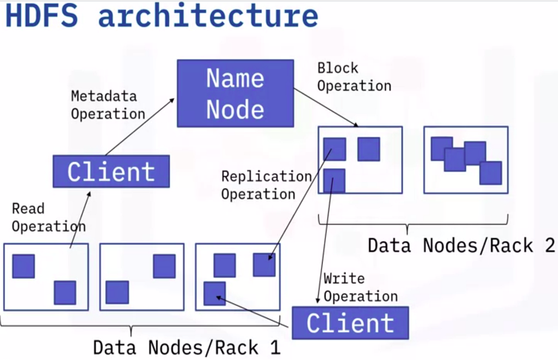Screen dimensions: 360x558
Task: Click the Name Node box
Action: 235,93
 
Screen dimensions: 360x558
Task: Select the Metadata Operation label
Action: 107,105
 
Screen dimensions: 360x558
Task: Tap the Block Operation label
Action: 353,77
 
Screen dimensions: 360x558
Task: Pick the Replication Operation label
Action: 266,185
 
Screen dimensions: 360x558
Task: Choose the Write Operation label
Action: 360,287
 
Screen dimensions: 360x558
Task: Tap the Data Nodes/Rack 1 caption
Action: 186,347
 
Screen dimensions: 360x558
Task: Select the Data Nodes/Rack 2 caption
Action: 461,245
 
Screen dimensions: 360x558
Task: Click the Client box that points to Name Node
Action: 111,172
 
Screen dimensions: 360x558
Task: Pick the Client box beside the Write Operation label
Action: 350,323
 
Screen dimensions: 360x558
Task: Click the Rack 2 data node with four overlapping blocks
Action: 465,160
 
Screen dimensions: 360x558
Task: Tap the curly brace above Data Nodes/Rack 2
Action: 413,222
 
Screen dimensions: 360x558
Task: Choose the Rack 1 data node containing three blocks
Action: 237,277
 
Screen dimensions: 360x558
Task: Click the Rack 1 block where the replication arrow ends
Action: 264,265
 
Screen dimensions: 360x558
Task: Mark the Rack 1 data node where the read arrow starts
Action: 46,277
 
